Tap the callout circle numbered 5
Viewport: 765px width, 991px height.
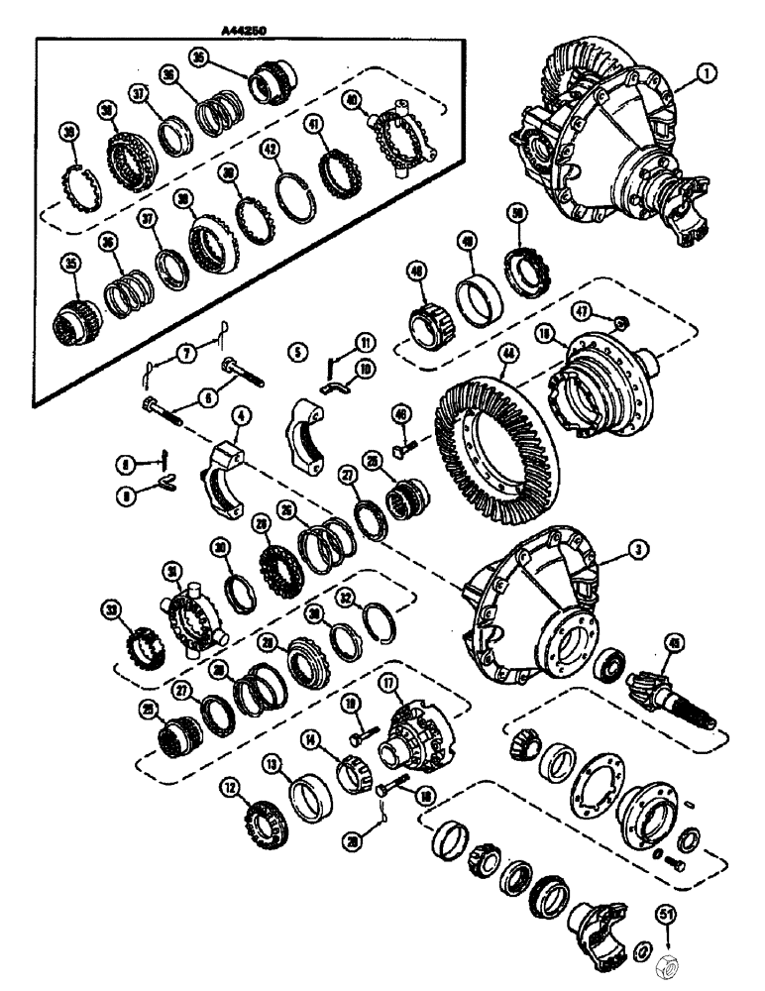294,351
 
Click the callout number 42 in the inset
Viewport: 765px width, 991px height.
268,150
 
